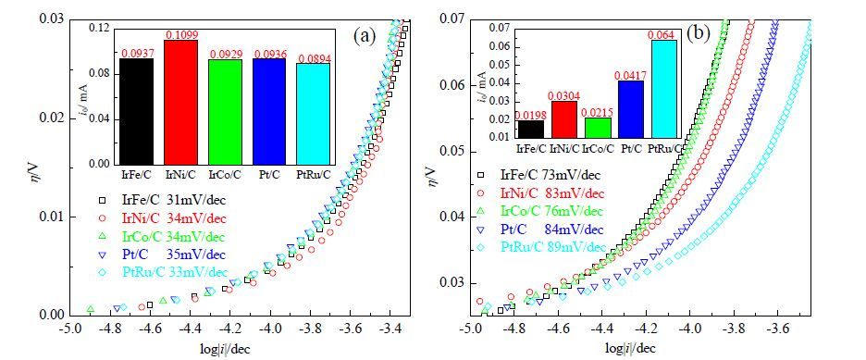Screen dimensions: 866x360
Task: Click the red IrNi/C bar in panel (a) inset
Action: pyautogui.click(x=180, y=102)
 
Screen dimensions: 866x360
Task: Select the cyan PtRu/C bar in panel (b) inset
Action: pyautogui.click(x=663, y=88)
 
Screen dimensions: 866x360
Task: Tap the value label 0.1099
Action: pyautogui.click(x=181, y=35)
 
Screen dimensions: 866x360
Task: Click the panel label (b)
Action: pyautogui.click(x=699, y=34)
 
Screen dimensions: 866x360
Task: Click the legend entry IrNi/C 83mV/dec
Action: pyautogui.click(x=541, y=193)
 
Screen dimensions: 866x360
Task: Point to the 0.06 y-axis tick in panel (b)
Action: pyautogui.click(x=451, y=86)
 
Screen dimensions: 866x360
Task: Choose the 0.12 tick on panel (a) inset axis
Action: pyautogui.click(x=105, y=28)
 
